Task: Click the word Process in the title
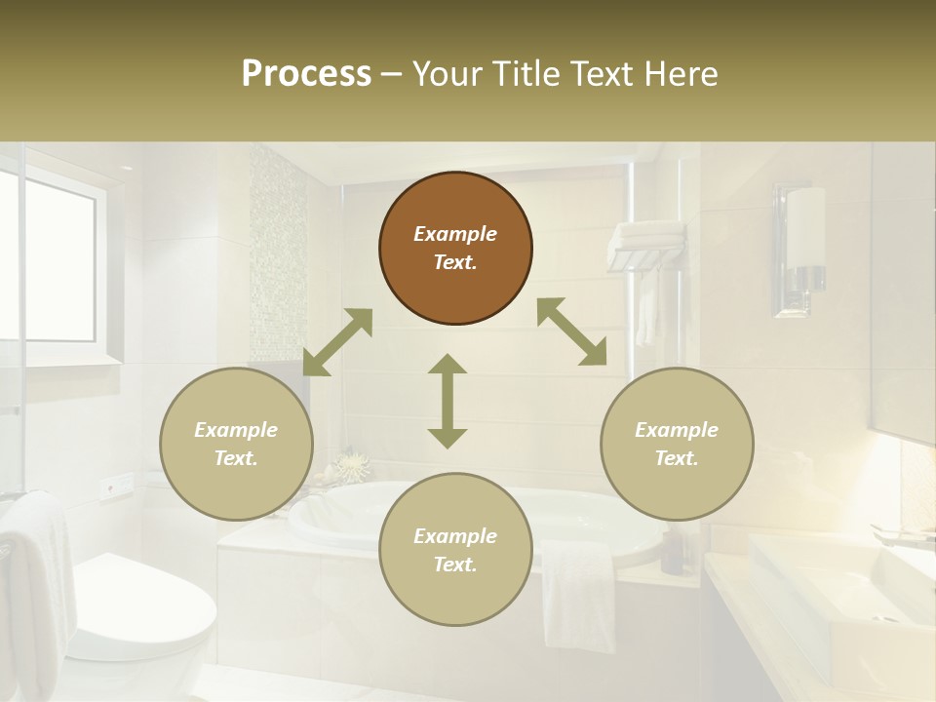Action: (x=306, y=74)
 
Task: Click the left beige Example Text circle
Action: (x=236, y=444)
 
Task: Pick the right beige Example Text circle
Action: (x=677, y=444)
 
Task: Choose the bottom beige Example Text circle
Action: (x=455, y=549)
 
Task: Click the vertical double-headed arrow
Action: (x=448, y=401)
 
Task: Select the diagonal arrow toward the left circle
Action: (x=337, y=342)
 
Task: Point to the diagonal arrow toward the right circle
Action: (x=571, y=332)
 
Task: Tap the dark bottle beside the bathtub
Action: (x=672, y=551)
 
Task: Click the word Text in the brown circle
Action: (x=455, y=262)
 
